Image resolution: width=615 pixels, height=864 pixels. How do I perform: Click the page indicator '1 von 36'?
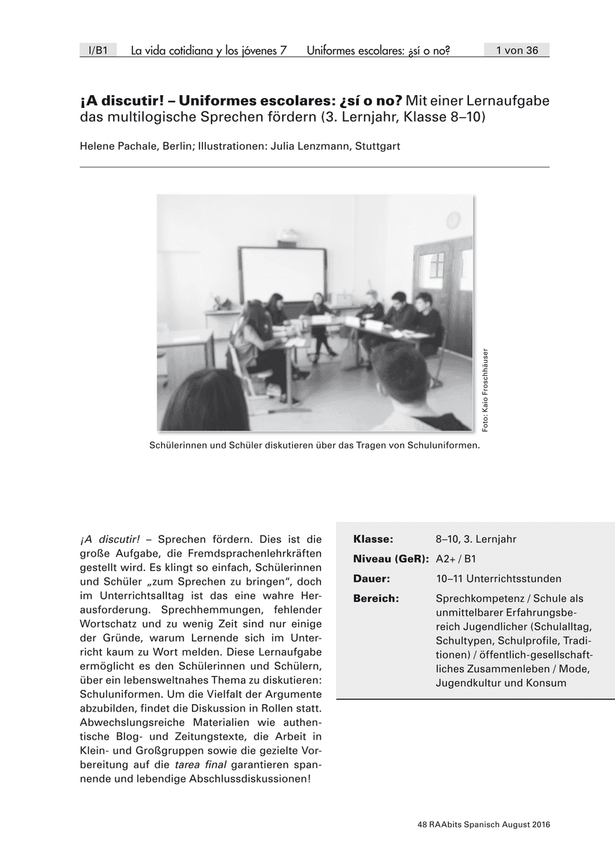click(x=516, y=50)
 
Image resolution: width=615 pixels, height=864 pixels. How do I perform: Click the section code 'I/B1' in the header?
click(x=97, y=50)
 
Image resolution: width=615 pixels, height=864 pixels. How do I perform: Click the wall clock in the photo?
click(x=453, y=219)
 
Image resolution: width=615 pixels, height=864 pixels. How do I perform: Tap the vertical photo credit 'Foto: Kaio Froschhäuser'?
click(x=486, y=390)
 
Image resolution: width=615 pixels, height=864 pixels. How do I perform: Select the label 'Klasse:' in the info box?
click(x=373, y=539)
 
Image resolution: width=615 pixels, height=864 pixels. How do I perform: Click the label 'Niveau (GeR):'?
click(x=391, y=559)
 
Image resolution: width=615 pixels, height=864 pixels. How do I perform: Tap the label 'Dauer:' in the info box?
click(x=372, y=579)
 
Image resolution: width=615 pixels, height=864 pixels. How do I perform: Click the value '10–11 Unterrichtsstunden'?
click(x=498, y=579)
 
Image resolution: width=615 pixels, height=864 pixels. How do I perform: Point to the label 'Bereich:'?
click(x=376, y=599)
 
